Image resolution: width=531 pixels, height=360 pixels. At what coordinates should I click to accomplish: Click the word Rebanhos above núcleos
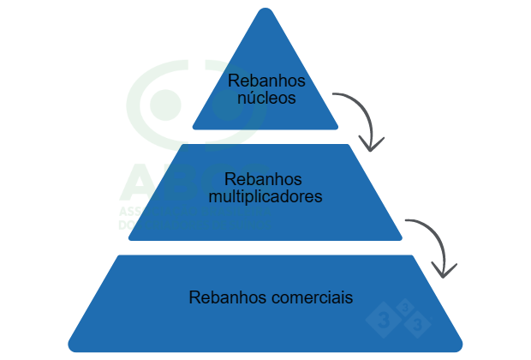click(x=266, y=81)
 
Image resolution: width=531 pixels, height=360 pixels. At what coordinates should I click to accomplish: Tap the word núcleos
click(x=266, y=98)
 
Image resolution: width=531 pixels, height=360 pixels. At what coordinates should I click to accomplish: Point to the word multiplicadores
click(x=265, y=196)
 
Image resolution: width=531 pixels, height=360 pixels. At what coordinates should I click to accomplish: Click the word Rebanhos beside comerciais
click(x=227, y=298)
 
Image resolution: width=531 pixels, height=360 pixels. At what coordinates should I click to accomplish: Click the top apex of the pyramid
click(x=265, y=10)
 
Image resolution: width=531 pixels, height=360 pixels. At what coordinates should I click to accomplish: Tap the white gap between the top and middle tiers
click(x=265, y=136)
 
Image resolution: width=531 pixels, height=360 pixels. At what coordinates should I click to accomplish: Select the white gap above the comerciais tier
click(x=265, y=248)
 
